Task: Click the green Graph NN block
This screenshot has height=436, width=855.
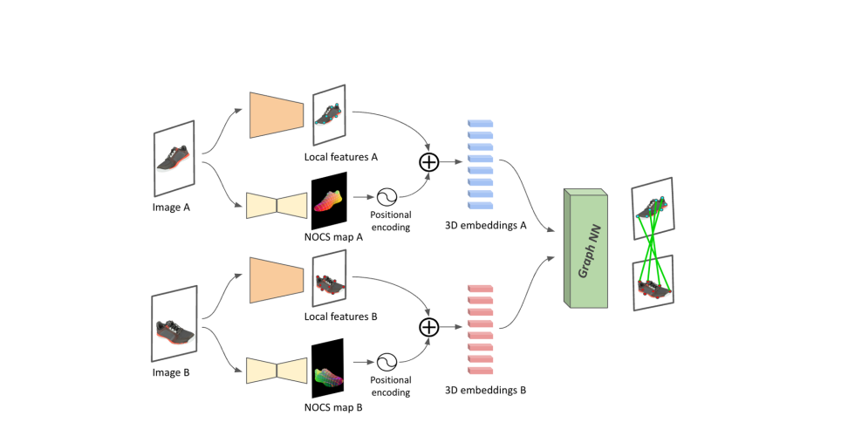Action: pos(585,248)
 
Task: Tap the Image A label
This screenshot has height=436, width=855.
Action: pos(171,208)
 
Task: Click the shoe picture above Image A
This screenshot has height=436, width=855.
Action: pos(174,158)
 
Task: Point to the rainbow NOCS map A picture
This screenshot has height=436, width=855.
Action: pos(330,201)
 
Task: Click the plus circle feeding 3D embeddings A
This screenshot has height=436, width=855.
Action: pos(428,162)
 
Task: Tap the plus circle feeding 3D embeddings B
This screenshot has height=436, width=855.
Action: pos(428,327)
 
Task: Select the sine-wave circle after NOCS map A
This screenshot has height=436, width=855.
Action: pos(387,197)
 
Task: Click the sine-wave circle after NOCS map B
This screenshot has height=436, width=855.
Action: pos(387,362)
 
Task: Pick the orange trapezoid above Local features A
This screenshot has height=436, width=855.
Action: pos(277,115)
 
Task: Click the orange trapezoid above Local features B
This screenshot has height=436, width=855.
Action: pos(277,280)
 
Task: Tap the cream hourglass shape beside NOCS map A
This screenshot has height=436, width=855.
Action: pos(277,206)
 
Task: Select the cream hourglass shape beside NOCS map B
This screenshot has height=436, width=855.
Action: pos(277,371)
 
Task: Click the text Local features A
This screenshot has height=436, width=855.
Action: pos(341,157)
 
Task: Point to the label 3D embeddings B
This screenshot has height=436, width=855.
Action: pos(485,391)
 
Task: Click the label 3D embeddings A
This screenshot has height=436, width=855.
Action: pos(485,225)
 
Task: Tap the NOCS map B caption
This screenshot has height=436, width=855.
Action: pos(333,407)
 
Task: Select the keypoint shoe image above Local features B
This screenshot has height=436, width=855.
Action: pos(330,281)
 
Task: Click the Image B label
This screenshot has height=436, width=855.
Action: pos(171,373)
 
